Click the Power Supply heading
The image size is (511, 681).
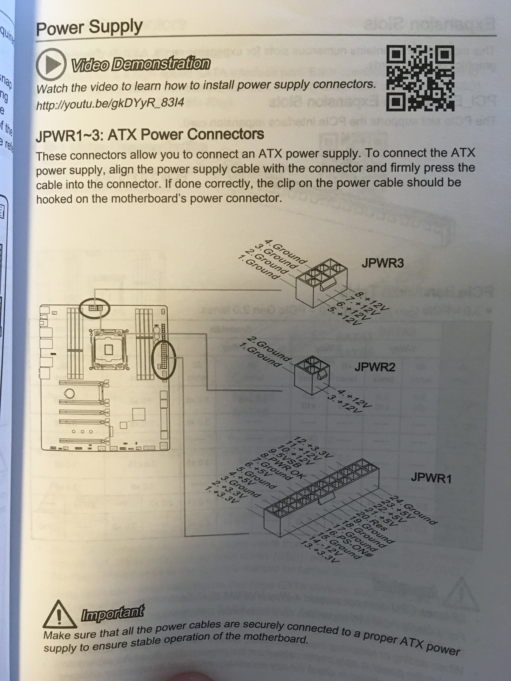coord(89,27)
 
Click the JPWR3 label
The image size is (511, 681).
coord(383,263)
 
